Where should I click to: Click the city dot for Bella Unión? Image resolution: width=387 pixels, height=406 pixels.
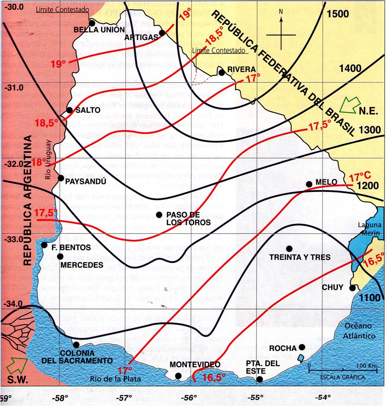click(x=92, y=23)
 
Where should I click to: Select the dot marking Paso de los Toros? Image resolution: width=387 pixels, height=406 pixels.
click(x=159, y=215)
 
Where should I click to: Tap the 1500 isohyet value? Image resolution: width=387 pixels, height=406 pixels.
click(x=338, y=14)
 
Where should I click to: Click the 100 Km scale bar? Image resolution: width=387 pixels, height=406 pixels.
click(x=343, y=370)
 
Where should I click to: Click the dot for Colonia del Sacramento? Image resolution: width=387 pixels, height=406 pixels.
click(x=76, y=345)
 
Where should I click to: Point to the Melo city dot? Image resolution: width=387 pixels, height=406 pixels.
click(x=309, y=184)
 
